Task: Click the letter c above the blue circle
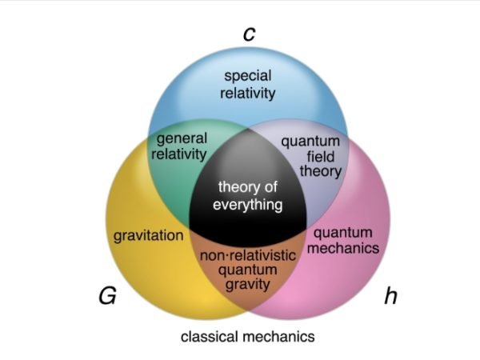[x=248, y=34]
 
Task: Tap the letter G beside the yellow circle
[x=107, y=296]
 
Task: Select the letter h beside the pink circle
[x=390, y=296]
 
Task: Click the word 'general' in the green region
[x=182, y=138]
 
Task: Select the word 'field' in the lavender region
[x=320, y=156]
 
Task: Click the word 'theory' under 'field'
[x=320, y=170]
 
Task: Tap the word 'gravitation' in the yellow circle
[x=149, y=236]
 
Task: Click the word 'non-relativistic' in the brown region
[x=248, y=255]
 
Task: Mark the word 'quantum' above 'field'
[x=310, y=142]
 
